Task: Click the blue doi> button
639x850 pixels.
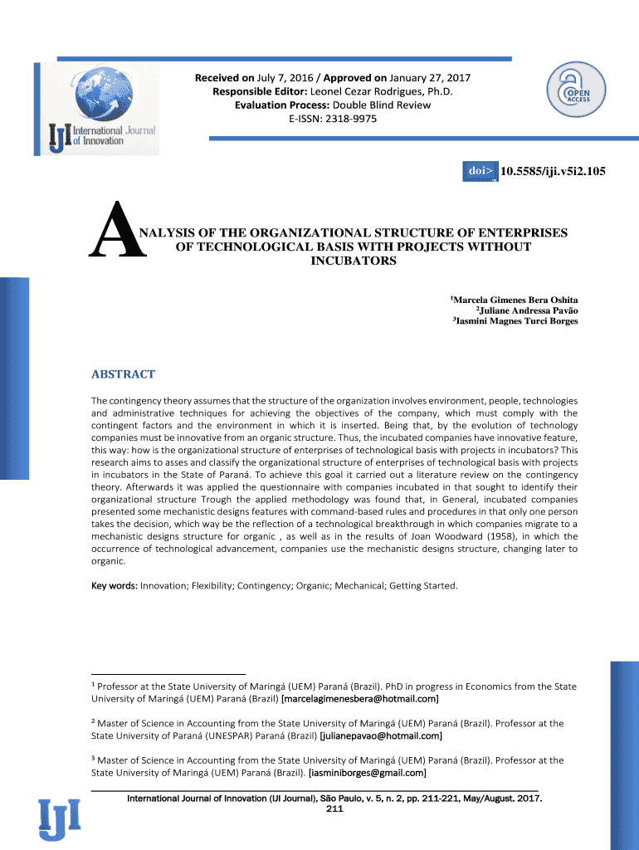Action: (x=480, y=172)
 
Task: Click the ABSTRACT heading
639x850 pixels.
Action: (x=123, y=374)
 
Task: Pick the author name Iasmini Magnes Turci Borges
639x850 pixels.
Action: (x=517, y=321)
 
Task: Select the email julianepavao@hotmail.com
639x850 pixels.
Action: (x=381, y=735)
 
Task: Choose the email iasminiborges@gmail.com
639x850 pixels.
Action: (x=368, y=773)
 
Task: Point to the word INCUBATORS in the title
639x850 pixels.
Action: (x=353, y=261)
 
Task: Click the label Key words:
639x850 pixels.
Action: (x=114, y=586)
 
